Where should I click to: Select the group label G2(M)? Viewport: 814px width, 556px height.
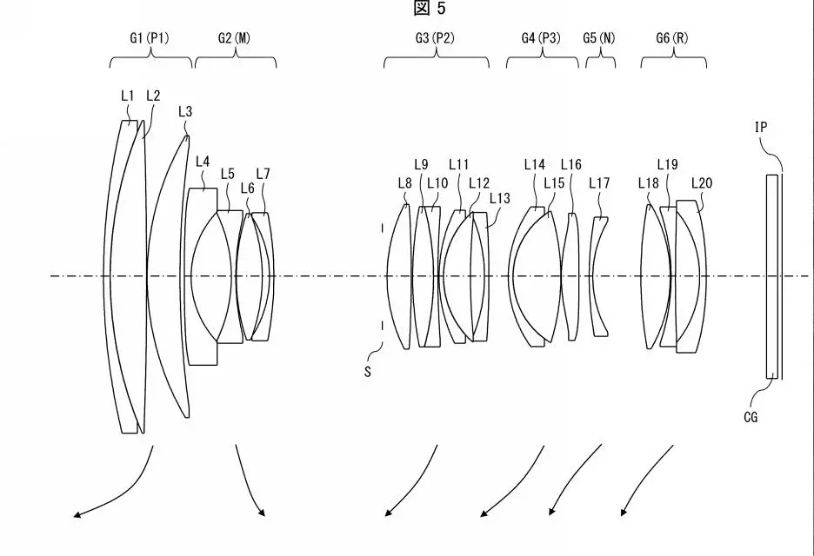(x=236, y=38)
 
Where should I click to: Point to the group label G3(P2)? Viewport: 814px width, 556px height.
(x=436, y=38)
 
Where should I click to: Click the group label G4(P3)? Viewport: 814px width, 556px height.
(x=541, y=38)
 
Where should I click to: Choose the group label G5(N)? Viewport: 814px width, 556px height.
(x=601, y=38)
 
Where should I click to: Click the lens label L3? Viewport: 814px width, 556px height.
(x=184, y=110)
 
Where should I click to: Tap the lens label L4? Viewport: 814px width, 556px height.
(x=203, y=161)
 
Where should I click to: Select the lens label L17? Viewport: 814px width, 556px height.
(x=599, y=182)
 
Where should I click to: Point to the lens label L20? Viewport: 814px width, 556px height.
(x=701, y=182)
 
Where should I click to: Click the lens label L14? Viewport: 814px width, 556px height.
(x=534, y=164)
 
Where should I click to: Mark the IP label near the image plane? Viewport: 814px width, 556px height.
(x=761, y=127)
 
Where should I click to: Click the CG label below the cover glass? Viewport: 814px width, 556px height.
(x=750, y=417)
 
